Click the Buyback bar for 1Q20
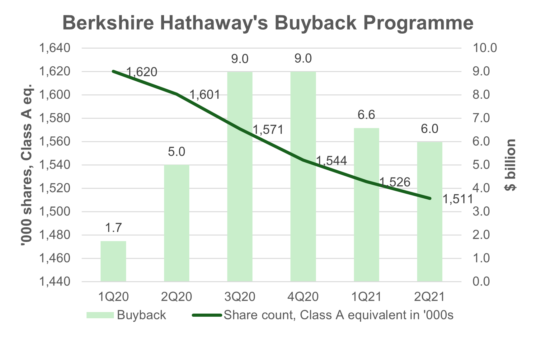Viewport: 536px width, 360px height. (x=113, y=261)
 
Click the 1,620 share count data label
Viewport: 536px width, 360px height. (x=142, y=72)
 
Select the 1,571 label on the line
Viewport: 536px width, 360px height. (x=268, y=130)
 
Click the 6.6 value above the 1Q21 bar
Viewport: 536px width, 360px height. (x=366, y=115)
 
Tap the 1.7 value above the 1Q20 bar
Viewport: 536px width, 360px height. (x=113, y=228)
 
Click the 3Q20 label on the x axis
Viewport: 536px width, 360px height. (x=240, y=297)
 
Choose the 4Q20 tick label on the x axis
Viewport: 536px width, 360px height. (x=303, y=297)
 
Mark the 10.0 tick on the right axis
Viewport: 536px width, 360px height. (x=485, y=48)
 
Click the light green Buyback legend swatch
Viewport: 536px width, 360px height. (x=100, y=315)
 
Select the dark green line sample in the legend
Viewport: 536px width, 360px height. (x=207, y=315)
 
